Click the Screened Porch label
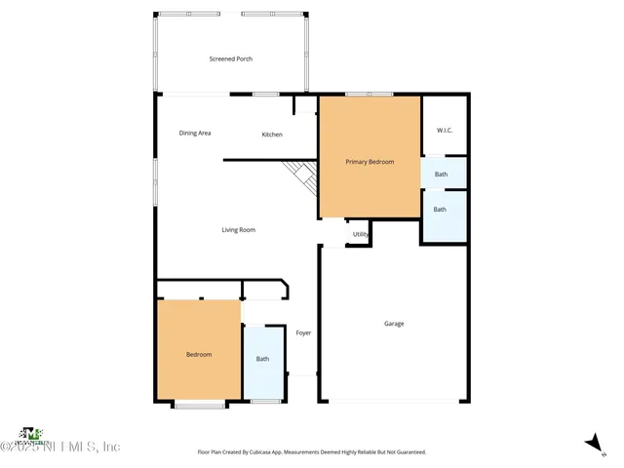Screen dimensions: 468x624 [231, 58]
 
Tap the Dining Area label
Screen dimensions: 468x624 [195, 133]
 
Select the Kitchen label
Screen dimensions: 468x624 [272, 134]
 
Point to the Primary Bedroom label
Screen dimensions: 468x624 [370, 162]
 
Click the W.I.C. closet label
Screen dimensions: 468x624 [445, 130]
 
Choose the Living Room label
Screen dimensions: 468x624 [238, 230]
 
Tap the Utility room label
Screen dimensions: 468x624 [360, 234]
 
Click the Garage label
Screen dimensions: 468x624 [394, 324]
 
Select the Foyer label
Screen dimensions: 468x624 [303, 333]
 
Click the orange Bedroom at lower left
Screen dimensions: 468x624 [199, 355]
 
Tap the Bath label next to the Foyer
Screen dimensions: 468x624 [262, 359]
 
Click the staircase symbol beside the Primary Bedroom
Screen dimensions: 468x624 [300, 177]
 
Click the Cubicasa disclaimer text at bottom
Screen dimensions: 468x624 [312, 452]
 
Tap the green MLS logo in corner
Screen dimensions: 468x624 [31, 433]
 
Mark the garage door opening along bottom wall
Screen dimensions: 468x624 [394, 401]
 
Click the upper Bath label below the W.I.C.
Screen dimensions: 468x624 [441, 175]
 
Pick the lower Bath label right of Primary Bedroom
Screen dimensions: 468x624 [440, 209]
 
